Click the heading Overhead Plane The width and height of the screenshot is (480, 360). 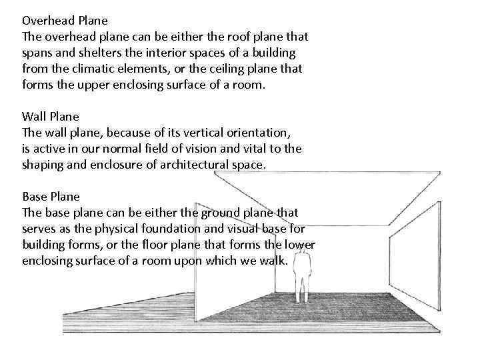click(65, 20)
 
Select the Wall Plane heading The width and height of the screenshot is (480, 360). click(50, 116)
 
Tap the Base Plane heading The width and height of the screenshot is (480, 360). click(51, 197)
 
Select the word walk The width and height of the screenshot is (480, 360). click(273, 261)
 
